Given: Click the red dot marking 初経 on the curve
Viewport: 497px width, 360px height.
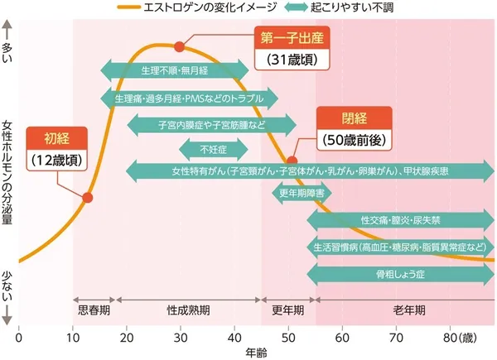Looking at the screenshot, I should (88, 197).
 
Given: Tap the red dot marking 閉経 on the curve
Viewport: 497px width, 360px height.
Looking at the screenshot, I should (292, 161).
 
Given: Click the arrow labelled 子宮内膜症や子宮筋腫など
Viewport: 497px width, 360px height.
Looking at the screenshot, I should (212, 124).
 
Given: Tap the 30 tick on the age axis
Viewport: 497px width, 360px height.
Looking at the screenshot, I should (180, 338).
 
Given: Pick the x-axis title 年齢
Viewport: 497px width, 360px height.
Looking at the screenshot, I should (256, 352).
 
